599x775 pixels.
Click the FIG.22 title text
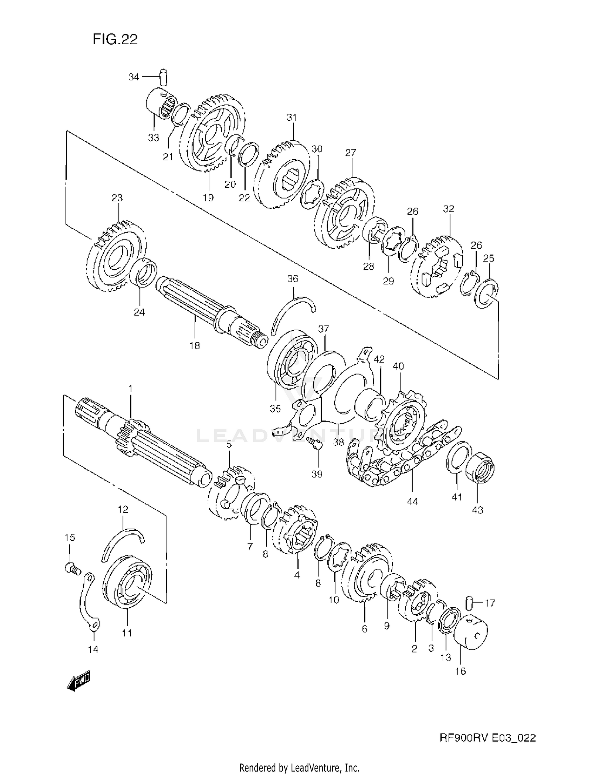pos(115,39)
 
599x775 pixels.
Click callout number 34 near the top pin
pos(133,77)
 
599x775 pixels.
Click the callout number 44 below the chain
pos(412,501)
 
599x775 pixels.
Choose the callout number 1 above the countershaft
pos(130,388)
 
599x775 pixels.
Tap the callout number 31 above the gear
pos(292,117)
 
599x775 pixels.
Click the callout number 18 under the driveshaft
pos(194,345)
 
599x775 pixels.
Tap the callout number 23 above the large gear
pos(117,198)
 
